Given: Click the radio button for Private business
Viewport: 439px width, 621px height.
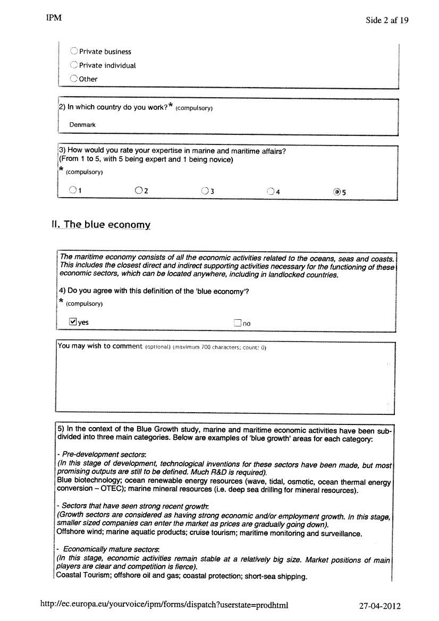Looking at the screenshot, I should pos(74,52).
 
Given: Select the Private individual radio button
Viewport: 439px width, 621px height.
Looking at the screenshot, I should pos(74,65).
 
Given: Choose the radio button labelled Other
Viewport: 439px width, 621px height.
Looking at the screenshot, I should pos(74,79).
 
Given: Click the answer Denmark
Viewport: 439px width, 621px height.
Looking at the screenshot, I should pos(82,125).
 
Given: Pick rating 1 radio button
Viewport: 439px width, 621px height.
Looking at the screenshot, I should pos(72,190).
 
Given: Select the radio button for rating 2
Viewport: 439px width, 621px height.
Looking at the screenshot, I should pos(139,190).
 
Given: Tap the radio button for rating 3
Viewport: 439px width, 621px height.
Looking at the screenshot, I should pos(205,191).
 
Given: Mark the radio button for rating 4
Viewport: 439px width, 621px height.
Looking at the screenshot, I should pos(271,191).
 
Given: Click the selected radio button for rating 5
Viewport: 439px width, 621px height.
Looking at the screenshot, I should pos(337,192).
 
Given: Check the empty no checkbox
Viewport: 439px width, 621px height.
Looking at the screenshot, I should pos(238,322).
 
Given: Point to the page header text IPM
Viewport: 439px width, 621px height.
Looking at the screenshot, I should pos(54,18).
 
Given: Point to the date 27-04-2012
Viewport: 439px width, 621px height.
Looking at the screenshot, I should pos(380,606).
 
